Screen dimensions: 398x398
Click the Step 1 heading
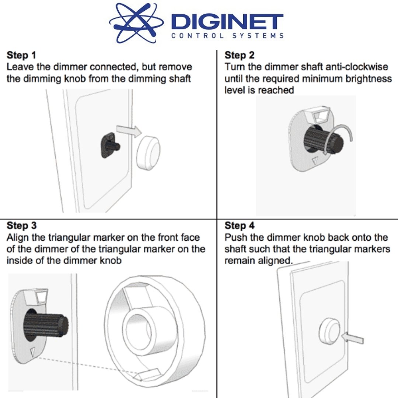pyautogui.click(x=21, y=56)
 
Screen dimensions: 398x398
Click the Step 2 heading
pyautogui.click(x=239, y=56)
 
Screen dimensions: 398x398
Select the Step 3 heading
pyautogui.click(x=21, y=226)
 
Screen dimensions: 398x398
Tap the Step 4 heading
pyautogui.click(x=239, y=226)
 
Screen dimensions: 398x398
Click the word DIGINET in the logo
pyautogui.click(x=227, y=22)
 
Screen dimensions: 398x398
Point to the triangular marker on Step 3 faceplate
pyautogui.click(x=33, y=351)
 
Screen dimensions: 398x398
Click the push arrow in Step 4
pyautogui.click(x=353, y=338)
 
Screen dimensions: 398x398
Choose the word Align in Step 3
pyautogui.click(x=18, y=237)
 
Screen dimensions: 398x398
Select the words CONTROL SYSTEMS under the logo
pyautogui.click(x=227, y=36)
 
